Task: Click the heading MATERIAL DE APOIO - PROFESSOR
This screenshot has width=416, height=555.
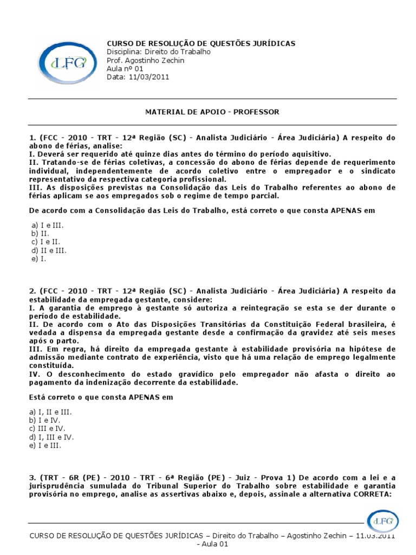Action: coord(212,112)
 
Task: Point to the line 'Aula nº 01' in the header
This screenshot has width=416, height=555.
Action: coord(125,69)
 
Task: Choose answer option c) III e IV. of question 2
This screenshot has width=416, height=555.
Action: coord(49,429)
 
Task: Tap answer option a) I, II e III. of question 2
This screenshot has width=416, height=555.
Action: coord(51,412)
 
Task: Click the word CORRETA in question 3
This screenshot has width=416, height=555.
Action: coord(374,494)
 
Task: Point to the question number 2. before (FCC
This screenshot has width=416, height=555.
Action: coord(32,291)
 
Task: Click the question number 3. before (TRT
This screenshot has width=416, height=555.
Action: coord(32,477)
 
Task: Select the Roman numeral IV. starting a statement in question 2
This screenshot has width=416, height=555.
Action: coord(34,375)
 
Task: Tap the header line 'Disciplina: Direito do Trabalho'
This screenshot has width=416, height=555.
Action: coord(159,52)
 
